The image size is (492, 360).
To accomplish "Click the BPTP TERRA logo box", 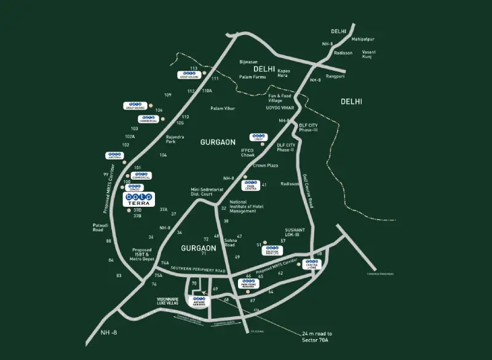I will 140,199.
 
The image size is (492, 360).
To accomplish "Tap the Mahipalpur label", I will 363,39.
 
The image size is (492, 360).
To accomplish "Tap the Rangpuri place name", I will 336,76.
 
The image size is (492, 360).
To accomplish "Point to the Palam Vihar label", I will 222,108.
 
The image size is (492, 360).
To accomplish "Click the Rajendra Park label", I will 166,140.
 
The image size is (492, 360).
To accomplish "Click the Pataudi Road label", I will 101,228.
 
